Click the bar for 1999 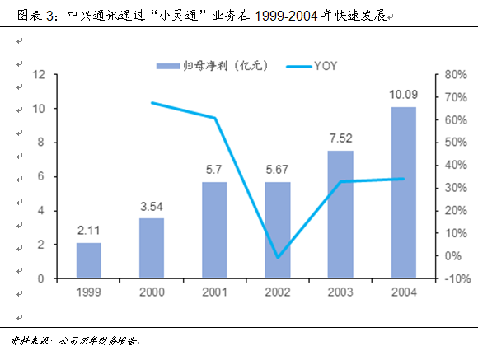tap(88, 260)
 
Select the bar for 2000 tap(152, 248)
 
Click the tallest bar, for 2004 tap(403, 193)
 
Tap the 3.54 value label tap(152, 208)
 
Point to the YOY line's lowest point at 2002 tap(278, 257)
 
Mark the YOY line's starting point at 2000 tap(152, 103)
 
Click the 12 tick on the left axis tap(37, 75)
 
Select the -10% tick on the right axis tap(456, 279)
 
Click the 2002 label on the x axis tap(278, 292)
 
